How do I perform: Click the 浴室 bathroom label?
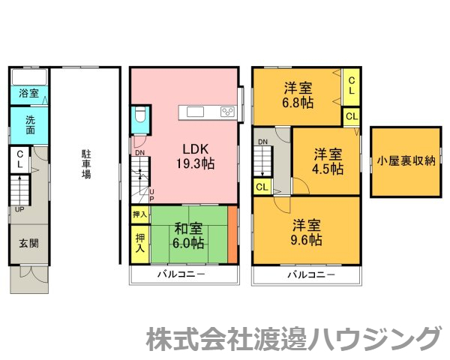(29, 94)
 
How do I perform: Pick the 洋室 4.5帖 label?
(328, 161)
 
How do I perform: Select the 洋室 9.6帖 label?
(307, 232)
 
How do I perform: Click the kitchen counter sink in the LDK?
(196, 112)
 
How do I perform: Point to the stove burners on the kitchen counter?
(228, 112)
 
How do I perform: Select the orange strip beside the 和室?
(232, 234)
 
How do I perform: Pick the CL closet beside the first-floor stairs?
(19, 160)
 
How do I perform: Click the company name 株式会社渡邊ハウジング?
(292, 338)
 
